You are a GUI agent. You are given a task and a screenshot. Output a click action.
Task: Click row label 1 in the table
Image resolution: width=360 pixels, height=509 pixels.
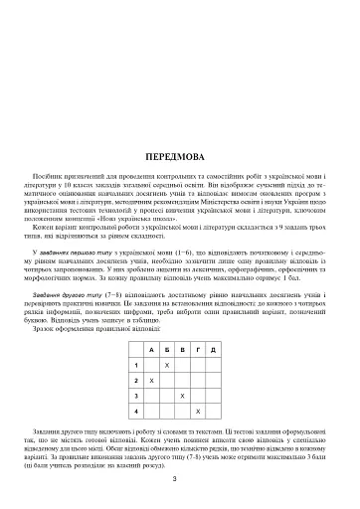133,366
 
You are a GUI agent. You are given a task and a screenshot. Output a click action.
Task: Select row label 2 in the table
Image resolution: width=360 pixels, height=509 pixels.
133,381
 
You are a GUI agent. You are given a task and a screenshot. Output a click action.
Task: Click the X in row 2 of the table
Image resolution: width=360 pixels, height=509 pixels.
150,381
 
